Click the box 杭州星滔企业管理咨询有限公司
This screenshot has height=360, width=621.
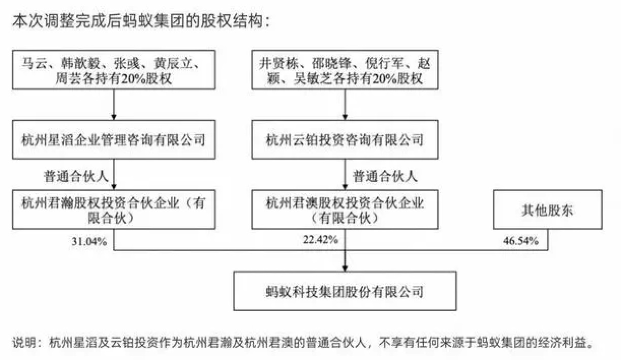[x=114, y=139]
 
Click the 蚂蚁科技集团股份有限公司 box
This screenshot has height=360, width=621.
[x=345, y=292]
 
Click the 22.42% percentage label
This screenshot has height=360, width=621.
[x=321, y=241]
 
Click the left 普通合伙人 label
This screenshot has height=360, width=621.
[x=74, y=177]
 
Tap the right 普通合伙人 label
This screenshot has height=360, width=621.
[x=385, y=177]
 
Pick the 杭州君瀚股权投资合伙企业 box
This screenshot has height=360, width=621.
[x=114, y=211]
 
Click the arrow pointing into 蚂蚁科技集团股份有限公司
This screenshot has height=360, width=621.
[x=345, y=262]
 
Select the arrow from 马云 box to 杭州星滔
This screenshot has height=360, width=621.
[x=114, y=105]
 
